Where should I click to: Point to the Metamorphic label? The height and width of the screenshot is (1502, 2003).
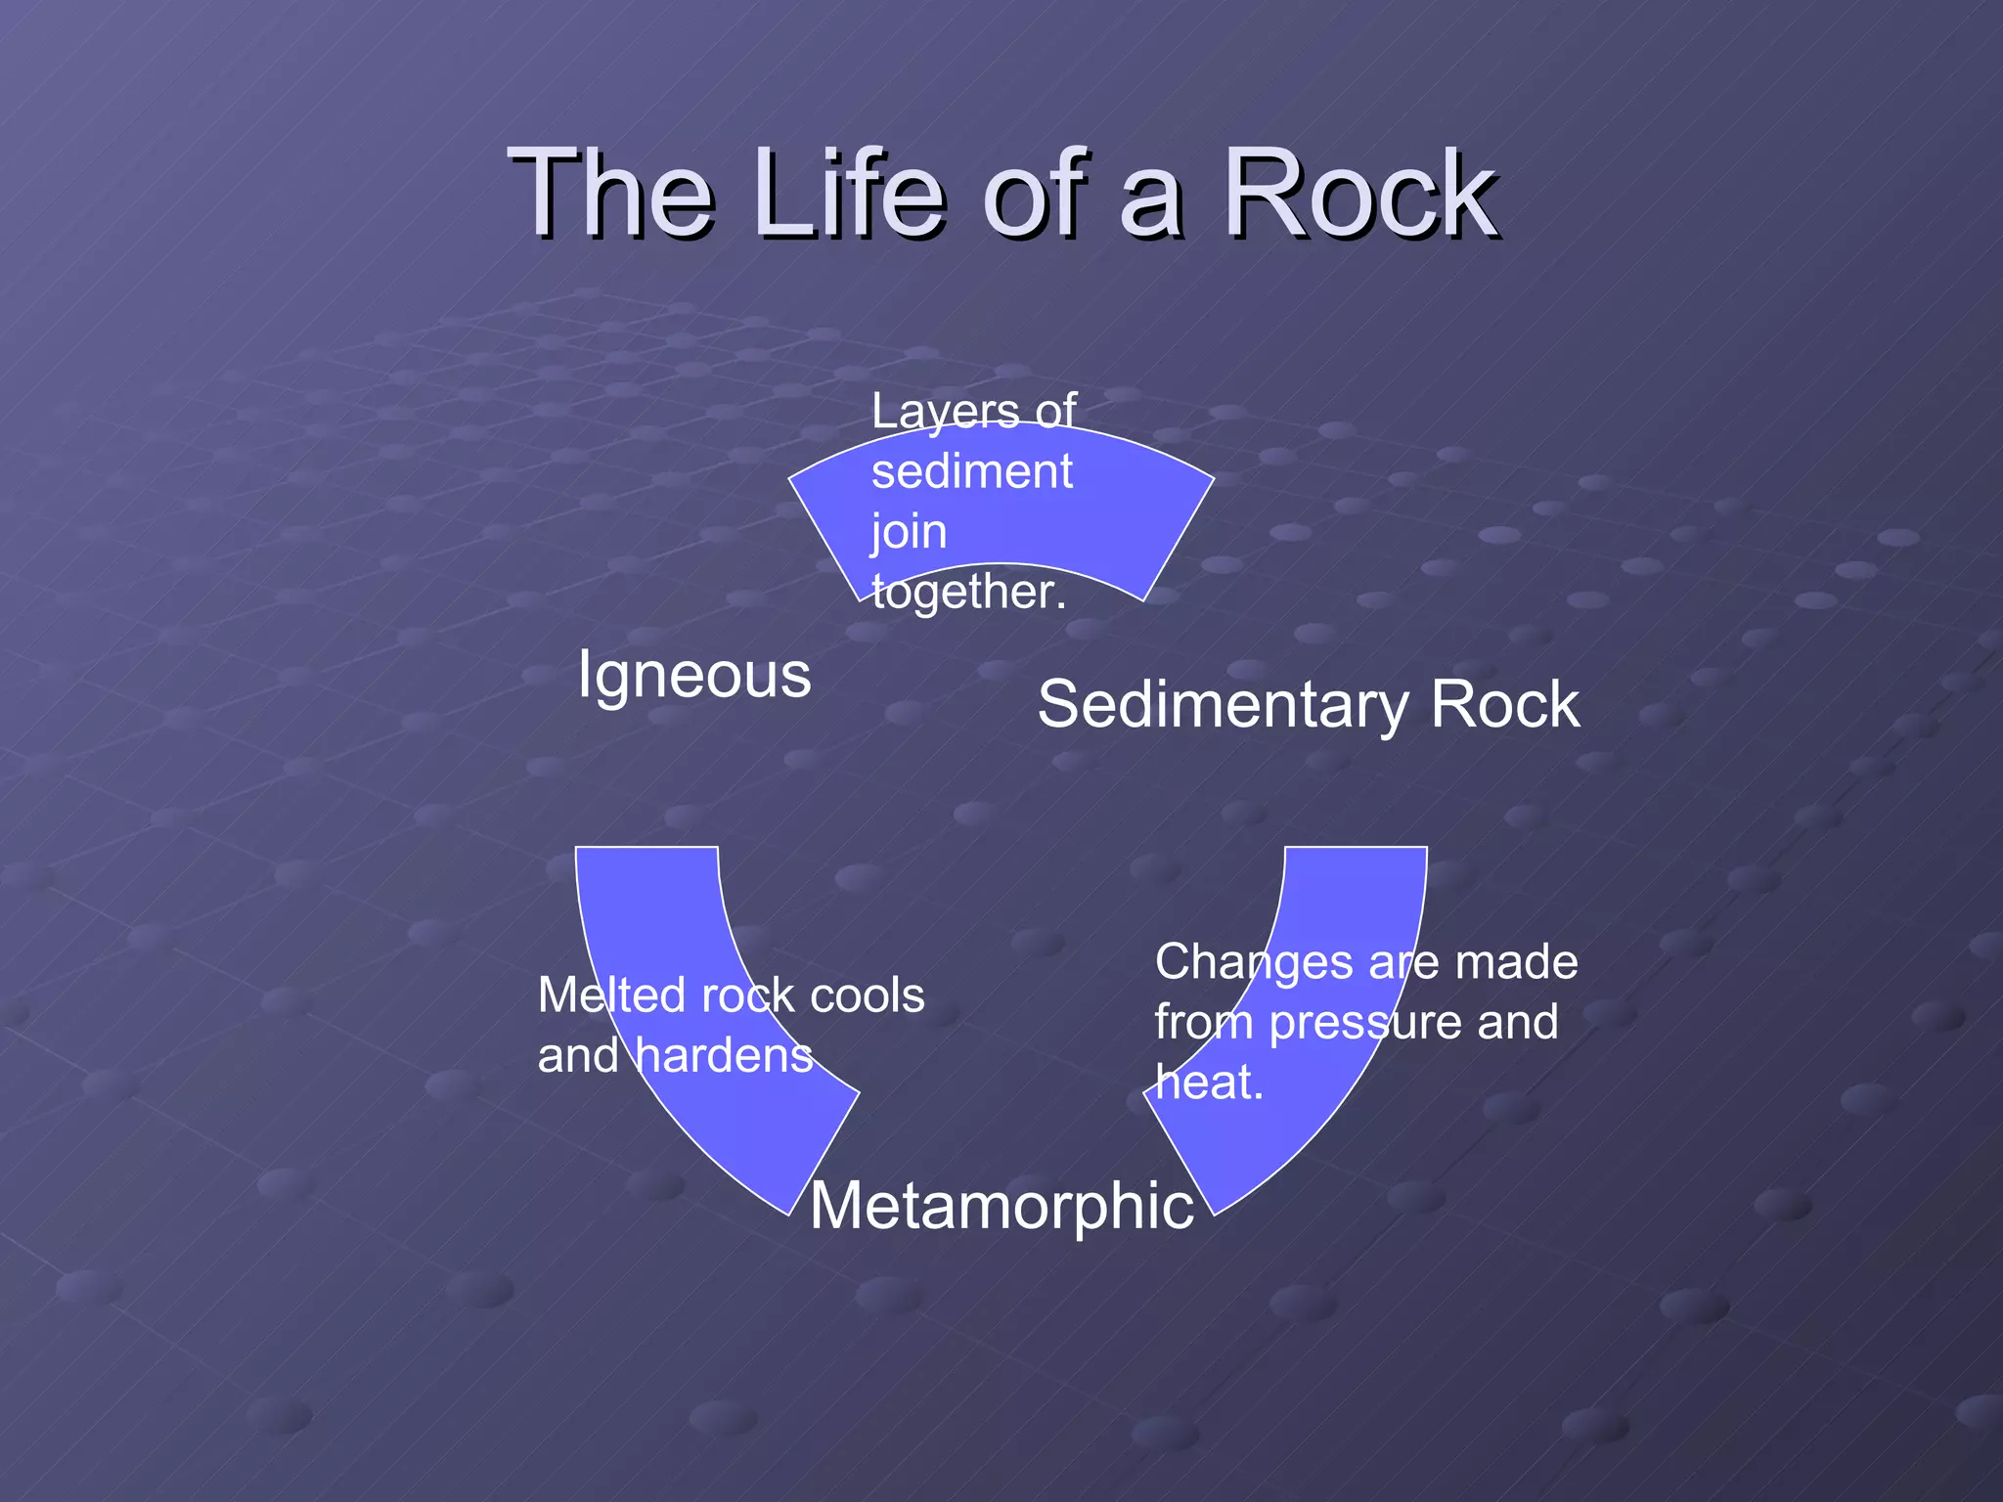(x=1001, y=1205)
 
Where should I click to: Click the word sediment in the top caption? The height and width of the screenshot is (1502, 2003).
(x=972, y=471)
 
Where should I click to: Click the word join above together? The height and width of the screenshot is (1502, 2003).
(x=909, y=533)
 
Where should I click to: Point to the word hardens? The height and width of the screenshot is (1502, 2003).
(x=724, y=1055)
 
